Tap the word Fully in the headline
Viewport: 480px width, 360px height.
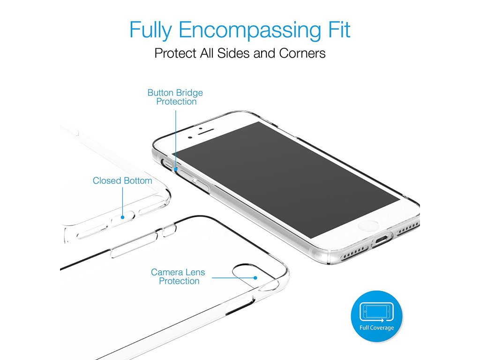tap(151, 30)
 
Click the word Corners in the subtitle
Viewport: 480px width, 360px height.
tap(302, 53)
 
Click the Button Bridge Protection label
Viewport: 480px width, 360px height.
tap(175, 97)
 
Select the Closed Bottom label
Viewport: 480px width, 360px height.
tap(122, 180)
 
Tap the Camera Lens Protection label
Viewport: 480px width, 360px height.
tap(178, 276)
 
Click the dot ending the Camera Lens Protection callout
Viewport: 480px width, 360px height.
tap(255, 277)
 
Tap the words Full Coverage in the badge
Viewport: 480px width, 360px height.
tap(376, 328)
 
